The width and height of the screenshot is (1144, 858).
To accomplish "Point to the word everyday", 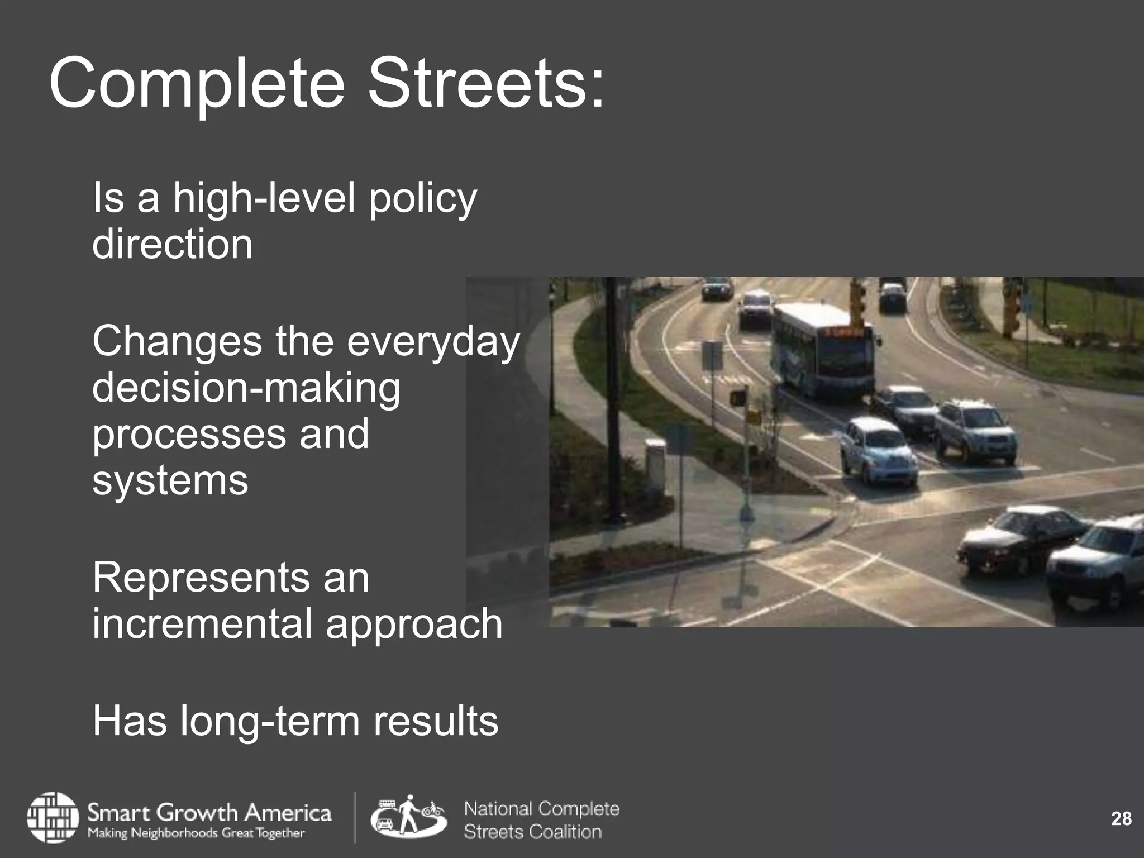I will pos(433,341).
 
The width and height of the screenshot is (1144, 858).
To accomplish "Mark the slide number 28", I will pos(1121,819).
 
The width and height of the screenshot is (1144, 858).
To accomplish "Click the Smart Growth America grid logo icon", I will pos(53,817).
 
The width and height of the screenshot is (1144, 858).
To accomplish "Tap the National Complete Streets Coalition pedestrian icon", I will pos(408,816).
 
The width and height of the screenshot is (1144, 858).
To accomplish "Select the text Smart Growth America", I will pos(209,811).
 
